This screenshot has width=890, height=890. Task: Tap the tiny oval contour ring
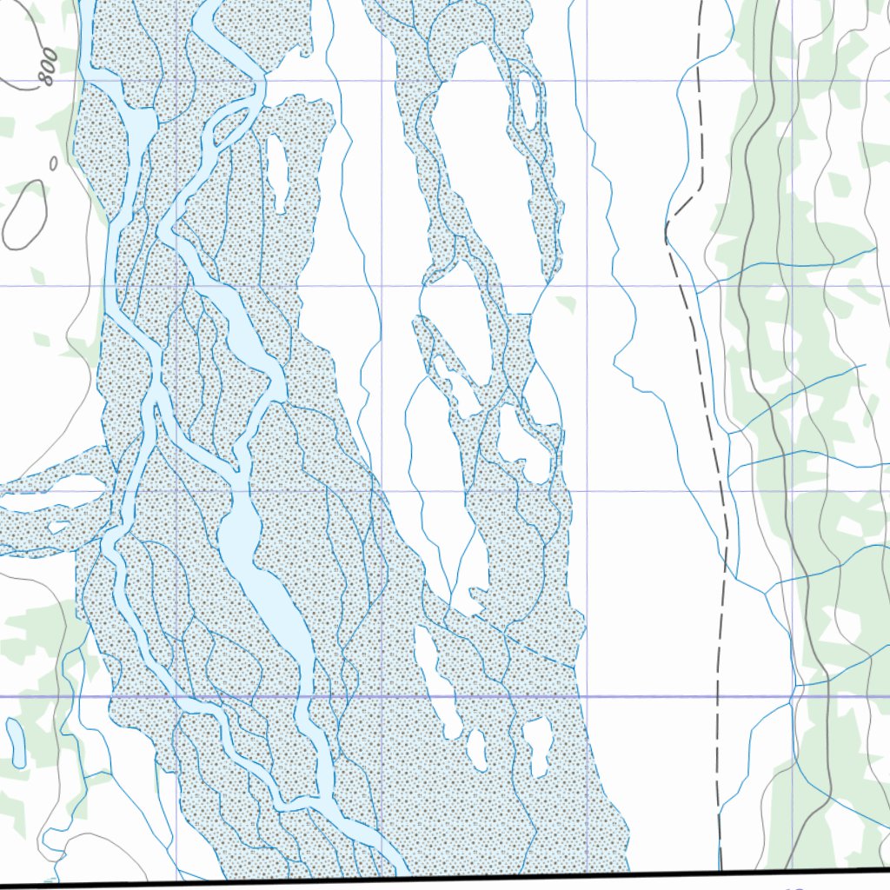click(x=53, y=163)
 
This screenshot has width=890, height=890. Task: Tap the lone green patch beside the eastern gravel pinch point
click(x=567, y=304)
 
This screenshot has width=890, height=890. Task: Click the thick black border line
click(x=435, y=880)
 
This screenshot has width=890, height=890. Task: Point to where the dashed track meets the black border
click(x=721, y=868)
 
